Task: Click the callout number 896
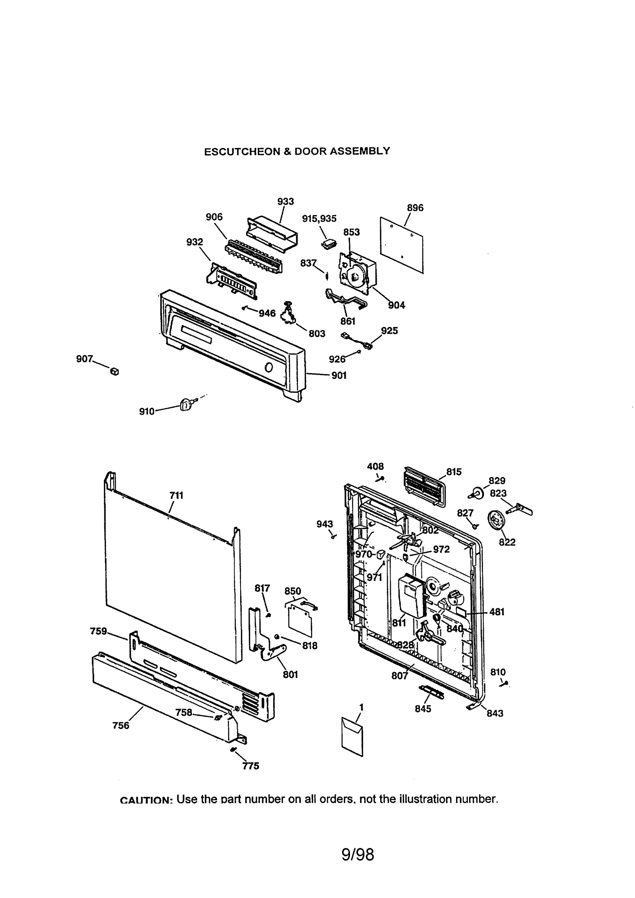(415, 208)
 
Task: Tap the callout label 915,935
(319, 219)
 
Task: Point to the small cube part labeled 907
(114, 372)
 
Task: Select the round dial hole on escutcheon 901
(269, 368)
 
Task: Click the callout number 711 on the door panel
(176, 495)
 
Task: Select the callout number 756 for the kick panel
(121, 725)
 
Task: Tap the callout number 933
(285, 202)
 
